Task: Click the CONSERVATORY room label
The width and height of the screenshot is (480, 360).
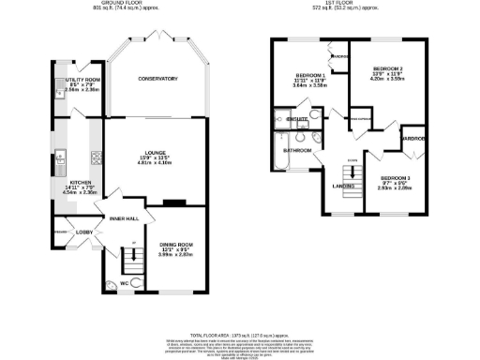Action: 157,79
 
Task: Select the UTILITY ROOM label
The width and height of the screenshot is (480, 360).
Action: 82,82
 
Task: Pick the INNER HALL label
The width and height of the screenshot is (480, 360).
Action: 124,218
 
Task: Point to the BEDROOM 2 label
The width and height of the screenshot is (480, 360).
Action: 388,69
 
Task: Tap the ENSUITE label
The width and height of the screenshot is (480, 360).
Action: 297,120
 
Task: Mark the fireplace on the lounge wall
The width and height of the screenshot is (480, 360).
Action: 172,202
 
